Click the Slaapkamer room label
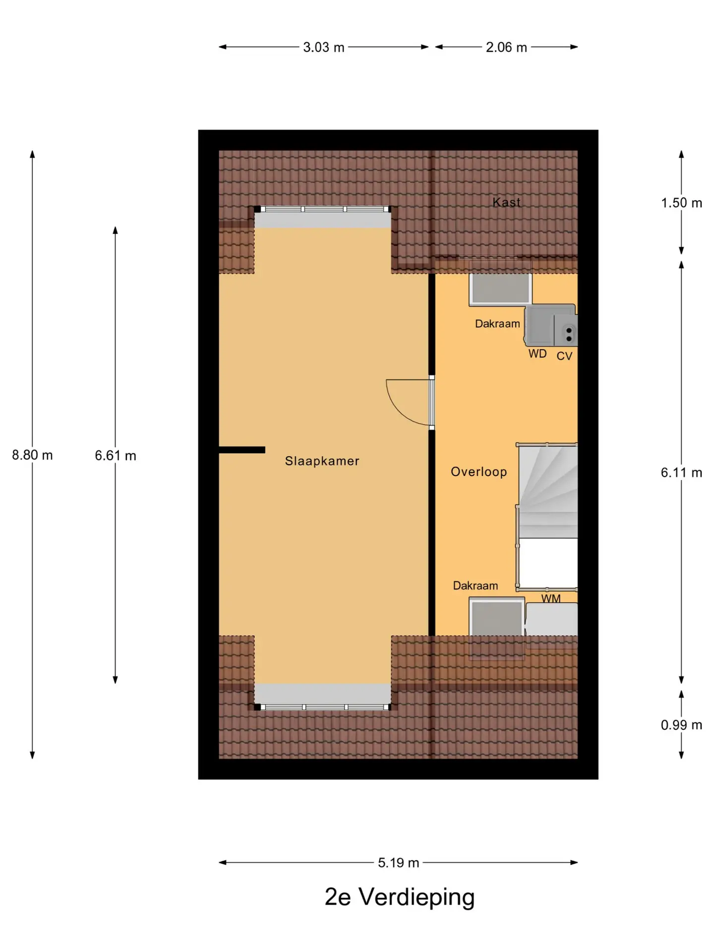(x=322, y=461)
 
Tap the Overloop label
(x=478, y=472)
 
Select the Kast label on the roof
(x=506, y=202)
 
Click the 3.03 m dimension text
(x=323, y=48)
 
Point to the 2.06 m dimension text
(x=506, y=48)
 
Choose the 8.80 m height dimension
(x=32, y=455)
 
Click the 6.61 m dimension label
(x=115, y=456)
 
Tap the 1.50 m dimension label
(x=681, y=203)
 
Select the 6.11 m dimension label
(x=681, y=473)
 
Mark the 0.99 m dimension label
(x=681, y=725)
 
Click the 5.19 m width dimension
(x=398, y=863)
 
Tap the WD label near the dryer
(x=537, y=354)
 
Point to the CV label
(x=564, y=356)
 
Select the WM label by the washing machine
(x=551, y=598)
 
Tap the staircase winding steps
(x=548, y=491)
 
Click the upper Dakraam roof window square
(x=500, y=289)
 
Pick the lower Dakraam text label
(x=475, y=586)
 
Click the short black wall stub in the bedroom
(x=242, y=450)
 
